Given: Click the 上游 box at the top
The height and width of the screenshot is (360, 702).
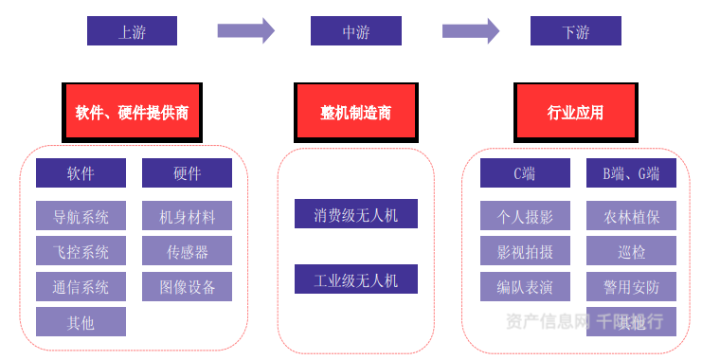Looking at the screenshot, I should [x=132, y=31].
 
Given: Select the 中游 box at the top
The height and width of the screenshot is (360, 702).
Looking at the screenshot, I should [x=355, y=31].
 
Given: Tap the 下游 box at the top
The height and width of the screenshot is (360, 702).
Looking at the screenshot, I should [x=575, y=31].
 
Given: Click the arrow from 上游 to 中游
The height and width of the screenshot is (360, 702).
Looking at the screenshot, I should [x=245, y=31].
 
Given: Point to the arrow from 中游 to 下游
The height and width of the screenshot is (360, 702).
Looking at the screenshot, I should [x=470, y=31].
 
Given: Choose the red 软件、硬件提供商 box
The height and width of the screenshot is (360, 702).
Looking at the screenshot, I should [x=132, y=112].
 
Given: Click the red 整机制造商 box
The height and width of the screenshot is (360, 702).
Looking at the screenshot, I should [x=355, y=112].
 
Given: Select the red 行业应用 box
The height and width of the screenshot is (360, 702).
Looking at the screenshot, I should [x=575, y=112].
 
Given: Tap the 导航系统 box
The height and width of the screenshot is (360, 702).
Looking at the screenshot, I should [x=81, y=216].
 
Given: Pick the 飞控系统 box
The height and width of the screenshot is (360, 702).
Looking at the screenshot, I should [x=81, y=251].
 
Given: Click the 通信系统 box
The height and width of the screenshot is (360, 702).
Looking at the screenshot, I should [x=81, y=286].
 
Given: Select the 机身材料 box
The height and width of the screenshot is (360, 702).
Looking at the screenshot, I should [x=187, y=216].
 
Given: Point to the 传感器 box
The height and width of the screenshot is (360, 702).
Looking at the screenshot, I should [x=187, y=251].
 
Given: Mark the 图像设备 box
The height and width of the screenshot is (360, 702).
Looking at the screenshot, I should [x=187, y=286].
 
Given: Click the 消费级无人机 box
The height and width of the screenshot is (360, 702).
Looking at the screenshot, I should [x=355, y=214].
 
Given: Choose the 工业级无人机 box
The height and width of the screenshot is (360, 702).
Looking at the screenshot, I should [x=355, y=279].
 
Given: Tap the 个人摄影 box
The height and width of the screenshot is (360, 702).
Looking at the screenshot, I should [x=525, y=216].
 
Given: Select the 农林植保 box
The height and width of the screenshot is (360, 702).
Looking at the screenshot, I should [x=631, y=216].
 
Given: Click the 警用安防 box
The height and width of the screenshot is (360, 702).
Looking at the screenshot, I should [x=631, y=286].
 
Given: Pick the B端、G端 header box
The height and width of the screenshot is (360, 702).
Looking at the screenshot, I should [x=631, y=172].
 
